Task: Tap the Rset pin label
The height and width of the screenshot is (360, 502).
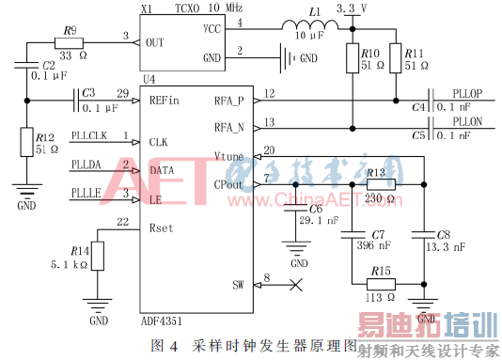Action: (160, 227)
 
